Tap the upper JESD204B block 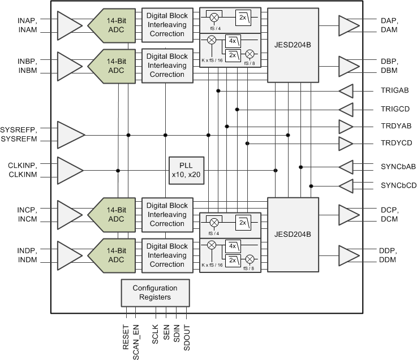[293, 45]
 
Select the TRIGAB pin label [394, 90]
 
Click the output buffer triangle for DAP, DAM [349, 25]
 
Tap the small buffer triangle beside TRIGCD [346, 109]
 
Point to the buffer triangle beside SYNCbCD [346, 185]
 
